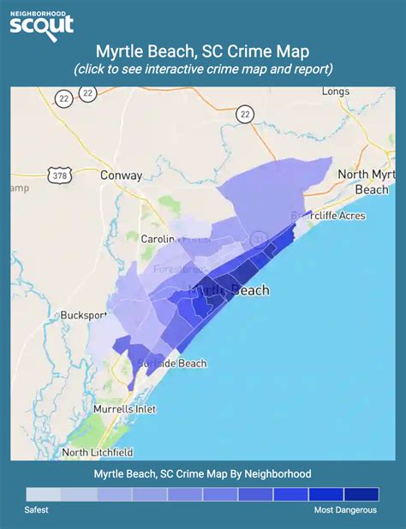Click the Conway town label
pyautogui.click(x=121, y=175)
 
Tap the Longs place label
pyautogui.click(x=335, y=91)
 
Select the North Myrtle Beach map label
pyautogui.click(x=366, y=181)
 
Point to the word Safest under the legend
pyautogui.click(x=37, y=510)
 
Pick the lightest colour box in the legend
pyautogui.click(x=43, y=494)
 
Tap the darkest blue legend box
pyautogui.click(x=361, y=494)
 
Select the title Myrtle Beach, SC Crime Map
pyautogui.click(x=203, y=51)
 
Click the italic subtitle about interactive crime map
pyautogui.click(x=203, y=68)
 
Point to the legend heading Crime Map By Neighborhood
pyautogui.click(x=203, y=473)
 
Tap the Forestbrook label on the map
pyautogui.click(x=176, y=268)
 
